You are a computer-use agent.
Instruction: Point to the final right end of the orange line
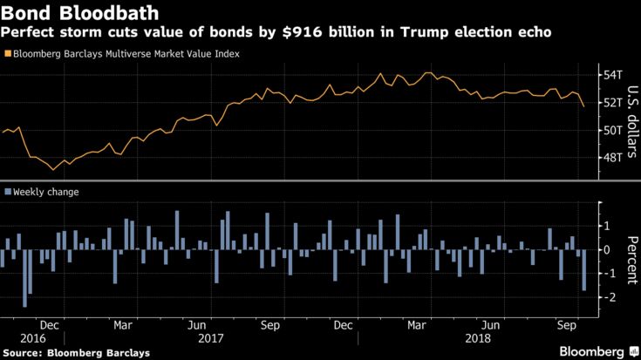click(583, 105)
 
